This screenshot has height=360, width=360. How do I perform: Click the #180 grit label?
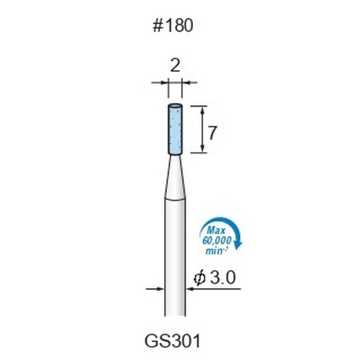[x=173, y=26]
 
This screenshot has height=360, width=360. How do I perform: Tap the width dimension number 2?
[x=175, y=66]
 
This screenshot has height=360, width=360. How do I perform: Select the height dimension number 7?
[x=212, y=133]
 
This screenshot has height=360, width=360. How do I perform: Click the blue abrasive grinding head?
[x=175, y=130]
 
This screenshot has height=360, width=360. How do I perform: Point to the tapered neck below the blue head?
[x=175, y=178]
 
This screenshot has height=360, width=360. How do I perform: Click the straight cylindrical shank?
[x=175, y=257]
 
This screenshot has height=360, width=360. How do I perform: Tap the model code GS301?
[x=172, y=341]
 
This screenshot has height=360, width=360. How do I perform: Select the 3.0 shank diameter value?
[x=222, y=278]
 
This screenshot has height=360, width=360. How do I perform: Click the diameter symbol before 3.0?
[x=199, y=278]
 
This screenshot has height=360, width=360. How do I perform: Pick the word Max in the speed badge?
[x=217, y=230]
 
